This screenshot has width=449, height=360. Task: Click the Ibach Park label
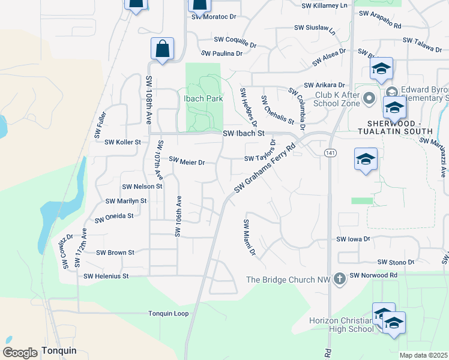point(203,98)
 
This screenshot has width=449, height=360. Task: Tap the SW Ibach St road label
point(243,134)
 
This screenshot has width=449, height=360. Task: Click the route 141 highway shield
point(330,154)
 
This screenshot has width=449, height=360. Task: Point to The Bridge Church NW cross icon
point(340,279)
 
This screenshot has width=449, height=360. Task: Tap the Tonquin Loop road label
point(169,314)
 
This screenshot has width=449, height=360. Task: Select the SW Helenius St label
point(106,276)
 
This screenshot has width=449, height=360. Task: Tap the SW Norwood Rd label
point(373,275)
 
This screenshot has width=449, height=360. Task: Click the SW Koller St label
point(122,142)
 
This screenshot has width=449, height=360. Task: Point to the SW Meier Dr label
point(187,161)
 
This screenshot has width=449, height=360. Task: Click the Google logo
point(20,352)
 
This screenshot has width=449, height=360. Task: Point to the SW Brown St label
point(115,253)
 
